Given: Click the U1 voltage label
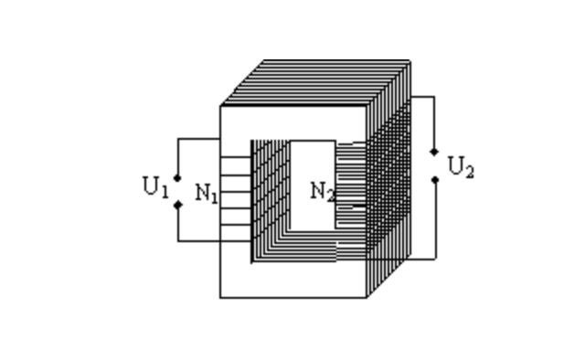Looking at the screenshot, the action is pos(156,187).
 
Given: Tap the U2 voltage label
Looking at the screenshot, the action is pos(461,167).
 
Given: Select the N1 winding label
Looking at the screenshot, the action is pos(207,194).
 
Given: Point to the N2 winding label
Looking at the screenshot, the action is pos(323,192).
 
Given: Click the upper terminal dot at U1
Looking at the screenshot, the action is pos(177,178).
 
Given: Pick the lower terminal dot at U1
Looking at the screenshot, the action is pos(178,205).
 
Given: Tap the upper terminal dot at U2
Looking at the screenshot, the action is pos(434,152).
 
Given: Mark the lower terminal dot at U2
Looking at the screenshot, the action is pos(435,180).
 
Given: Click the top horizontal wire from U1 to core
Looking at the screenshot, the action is pos(199,139).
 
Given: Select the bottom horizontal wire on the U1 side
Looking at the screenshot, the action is pos(215,241).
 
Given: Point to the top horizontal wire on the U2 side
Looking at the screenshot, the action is pos(422,97).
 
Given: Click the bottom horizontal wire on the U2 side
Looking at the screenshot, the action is pos(421,259).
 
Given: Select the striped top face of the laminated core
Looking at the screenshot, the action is pos(315,83).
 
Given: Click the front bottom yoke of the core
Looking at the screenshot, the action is pos(292,280).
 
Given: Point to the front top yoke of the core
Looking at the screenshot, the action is pos(292,123).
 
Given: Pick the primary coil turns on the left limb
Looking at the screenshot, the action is pos(236,191).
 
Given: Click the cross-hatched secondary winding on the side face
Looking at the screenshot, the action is pos(388,179).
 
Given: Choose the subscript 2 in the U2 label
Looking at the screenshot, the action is pos(469,172).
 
